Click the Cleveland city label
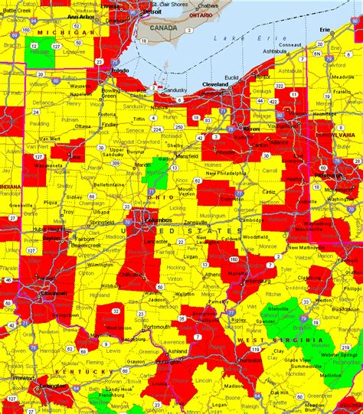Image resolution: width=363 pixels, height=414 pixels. coord(217,83)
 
